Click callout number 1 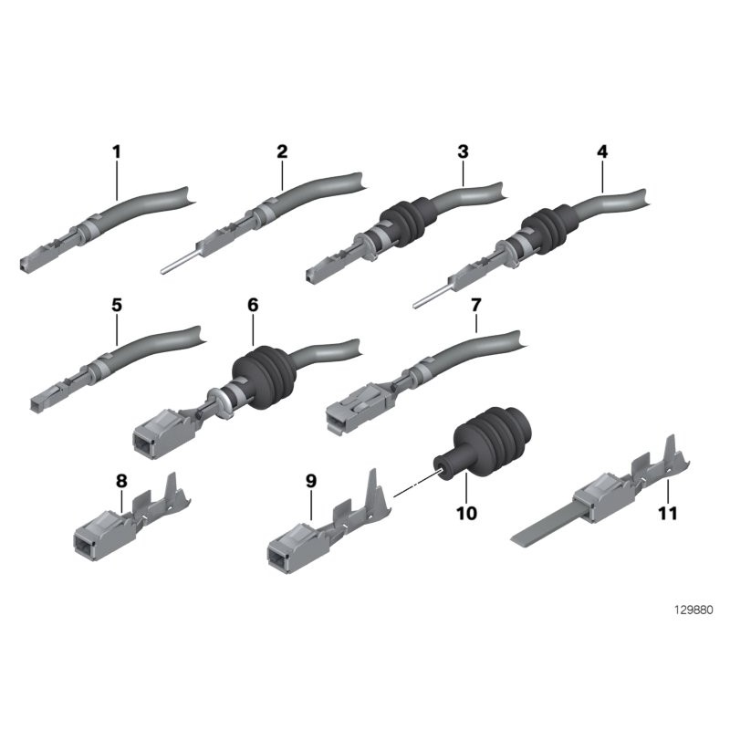click(117, 151)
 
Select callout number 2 click(282, 151)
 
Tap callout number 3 click(463, 151)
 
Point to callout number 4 click(602, 151)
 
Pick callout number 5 click(117, 306)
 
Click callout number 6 click(253, 306)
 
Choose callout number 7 click(475, 306)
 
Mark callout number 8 click(121, 481)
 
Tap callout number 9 click(311, 481)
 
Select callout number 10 click(466, 513)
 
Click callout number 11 click(668, 513)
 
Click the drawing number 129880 click(693, 610)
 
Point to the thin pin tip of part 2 click(162, 271)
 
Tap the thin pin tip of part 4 click(414, 306)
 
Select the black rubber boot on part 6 click(264, 377)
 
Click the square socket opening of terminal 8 click(84, 545)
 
